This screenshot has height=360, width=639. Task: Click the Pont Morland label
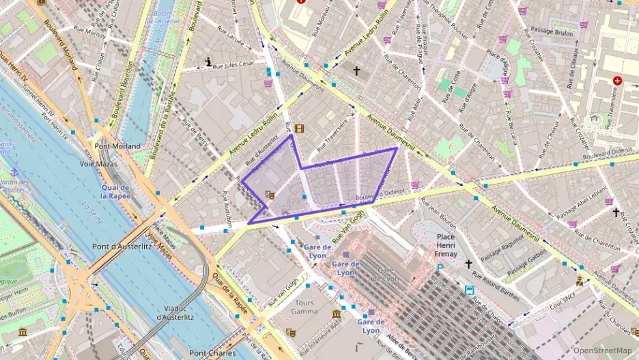[x=117, y=146]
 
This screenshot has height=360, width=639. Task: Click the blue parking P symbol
[x=440, y=269]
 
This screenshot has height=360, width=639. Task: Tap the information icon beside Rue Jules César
[x=209, y=62]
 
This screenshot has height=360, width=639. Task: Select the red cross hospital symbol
[x=618, y=81]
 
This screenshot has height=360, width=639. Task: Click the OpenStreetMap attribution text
[x=599, y=350]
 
